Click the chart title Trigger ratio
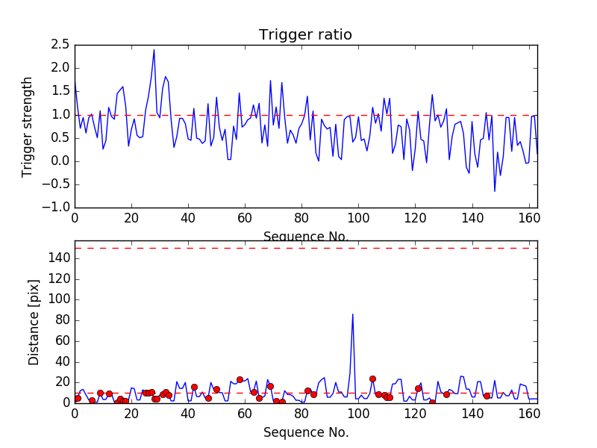[305, 35]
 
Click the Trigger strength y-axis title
[28, 126]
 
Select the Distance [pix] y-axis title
[34, 323]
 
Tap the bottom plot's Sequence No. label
[305, 432]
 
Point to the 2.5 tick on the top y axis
[60, 45]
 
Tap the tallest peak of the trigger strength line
[154, 50]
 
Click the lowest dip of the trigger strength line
[494, 191]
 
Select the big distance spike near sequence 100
[352, 314]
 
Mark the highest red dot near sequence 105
[372, 379]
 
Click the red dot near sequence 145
[487, 396]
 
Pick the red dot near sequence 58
[240, 379]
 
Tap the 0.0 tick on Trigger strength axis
[60, 161]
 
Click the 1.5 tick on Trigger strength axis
[60, 91]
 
